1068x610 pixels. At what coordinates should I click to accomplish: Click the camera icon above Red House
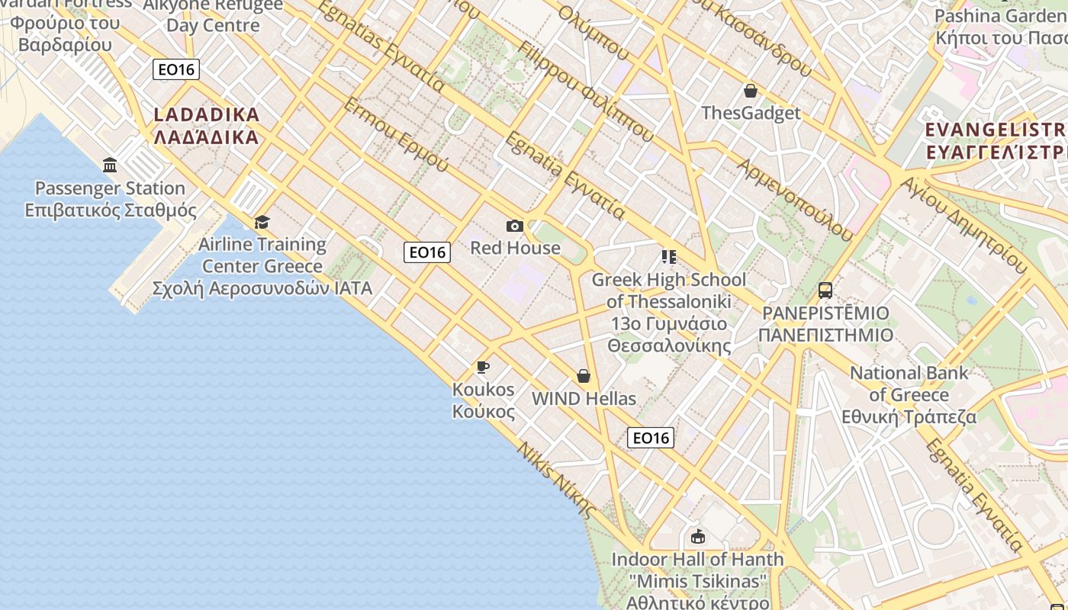[x=515, y=226]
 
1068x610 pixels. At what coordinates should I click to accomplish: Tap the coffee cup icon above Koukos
[x=483, y=368]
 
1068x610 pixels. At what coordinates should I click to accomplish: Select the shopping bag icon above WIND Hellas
[x=584, y=376]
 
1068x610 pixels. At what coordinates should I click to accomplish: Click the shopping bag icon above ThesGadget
[x=751, y=91]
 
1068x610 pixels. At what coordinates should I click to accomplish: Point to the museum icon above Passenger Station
[x=110, y=165]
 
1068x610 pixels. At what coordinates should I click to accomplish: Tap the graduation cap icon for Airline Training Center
[x=262, y=222]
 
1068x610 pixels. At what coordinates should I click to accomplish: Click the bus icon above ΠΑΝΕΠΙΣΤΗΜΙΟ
[x=825, y=291]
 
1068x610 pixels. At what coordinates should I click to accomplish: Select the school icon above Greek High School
[x=669, y=257]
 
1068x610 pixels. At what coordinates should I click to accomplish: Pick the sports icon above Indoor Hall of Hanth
[x=697, y=537]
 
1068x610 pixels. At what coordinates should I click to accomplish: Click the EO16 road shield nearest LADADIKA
[x=176, y=70]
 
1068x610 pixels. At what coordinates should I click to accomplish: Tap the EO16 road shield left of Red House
[x=427, y=252]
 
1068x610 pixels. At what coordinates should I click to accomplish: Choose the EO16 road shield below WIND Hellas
[x=651, y=438]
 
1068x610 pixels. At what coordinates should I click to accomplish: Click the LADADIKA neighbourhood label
[x=207, y=126]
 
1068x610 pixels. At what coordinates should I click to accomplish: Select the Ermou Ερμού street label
[x=396, y=134]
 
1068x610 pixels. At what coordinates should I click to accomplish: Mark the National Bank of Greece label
[x=909, y=395]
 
